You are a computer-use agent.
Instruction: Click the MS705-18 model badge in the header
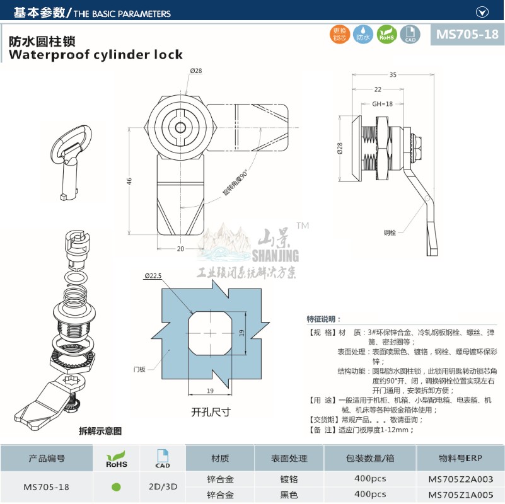pos(467,35)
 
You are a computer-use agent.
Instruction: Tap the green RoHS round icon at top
pos(386,35)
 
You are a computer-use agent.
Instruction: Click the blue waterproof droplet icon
pos(363,35)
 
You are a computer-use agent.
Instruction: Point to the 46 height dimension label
pos(129,181)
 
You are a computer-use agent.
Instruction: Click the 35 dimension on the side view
pos(393,75)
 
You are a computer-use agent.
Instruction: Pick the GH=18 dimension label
pos(382,103)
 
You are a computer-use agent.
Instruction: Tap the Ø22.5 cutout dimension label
pos(154,275)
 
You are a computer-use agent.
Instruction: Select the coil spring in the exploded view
pos(73,296)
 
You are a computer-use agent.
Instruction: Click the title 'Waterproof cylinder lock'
pos(95,55)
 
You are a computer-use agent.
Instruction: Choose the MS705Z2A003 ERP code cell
pos(461,478)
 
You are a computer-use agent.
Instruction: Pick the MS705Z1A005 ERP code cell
pos(461,495)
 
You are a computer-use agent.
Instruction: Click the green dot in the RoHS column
pos(115,486)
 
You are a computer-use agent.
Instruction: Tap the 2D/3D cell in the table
pos(162,486)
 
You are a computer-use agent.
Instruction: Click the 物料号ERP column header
pos(460,459)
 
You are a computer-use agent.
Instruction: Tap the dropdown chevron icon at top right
pos(482,11)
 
